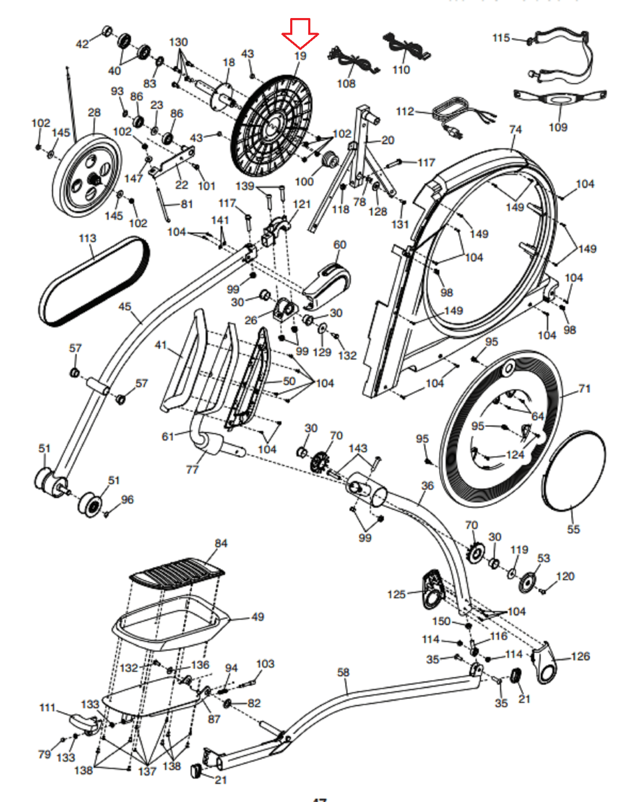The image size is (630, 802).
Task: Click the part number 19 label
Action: tap(300, 56)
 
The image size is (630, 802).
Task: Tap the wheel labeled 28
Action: tap(88, 175)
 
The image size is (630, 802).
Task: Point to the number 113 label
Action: tap(88, 238)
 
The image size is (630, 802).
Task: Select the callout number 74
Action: tap(515, 129)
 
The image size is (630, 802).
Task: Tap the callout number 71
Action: tap(584, 388)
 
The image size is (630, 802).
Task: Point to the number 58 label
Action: tap(343, 672)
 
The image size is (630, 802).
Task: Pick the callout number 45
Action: tap(125, 306)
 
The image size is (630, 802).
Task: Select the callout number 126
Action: tap(580, 656)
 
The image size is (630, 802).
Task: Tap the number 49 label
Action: tap(258, 617)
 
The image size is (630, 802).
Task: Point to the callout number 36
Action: tap(428, 485)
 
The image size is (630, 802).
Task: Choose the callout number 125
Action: tap(396, 594)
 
